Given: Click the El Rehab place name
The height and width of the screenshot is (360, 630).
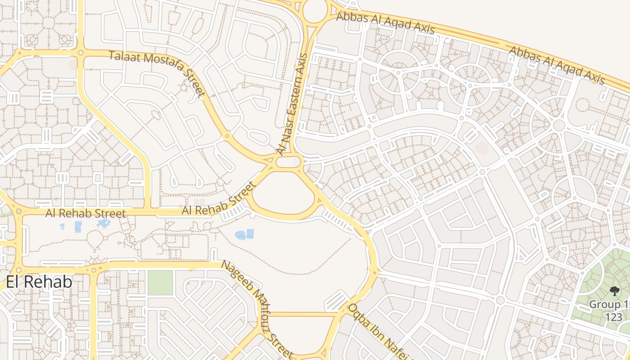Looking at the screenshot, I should pos(39,282).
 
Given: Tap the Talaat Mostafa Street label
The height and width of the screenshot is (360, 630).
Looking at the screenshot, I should pos(157,74).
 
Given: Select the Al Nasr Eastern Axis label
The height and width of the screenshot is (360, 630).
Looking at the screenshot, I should pos(292,104).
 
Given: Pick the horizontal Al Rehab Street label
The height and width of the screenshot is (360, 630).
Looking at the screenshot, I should pos(85,213).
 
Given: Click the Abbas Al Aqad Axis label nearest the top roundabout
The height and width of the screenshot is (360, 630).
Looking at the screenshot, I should pos(385,23).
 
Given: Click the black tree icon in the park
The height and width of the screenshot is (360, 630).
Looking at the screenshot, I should pos(614,291).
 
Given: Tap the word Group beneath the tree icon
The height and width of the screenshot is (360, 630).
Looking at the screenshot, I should pos(605,305).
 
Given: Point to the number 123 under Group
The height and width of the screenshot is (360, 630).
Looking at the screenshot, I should pos(613,317).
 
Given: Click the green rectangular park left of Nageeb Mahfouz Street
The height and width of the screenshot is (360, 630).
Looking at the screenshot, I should pos(160,283).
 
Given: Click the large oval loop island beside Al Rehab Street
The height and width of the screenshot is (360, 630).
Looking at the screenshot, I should pos(283,194).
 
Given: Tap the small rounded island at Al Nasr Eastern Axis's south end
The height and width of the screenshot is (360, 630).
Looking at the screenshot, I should pos(288,162).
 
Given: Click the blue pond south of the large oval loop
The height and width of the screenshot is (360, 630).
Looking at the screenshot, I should pos(244,234).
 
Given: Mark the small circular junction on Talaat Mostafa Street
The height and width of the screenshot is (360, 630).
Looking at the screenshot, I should pos(227,135).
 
